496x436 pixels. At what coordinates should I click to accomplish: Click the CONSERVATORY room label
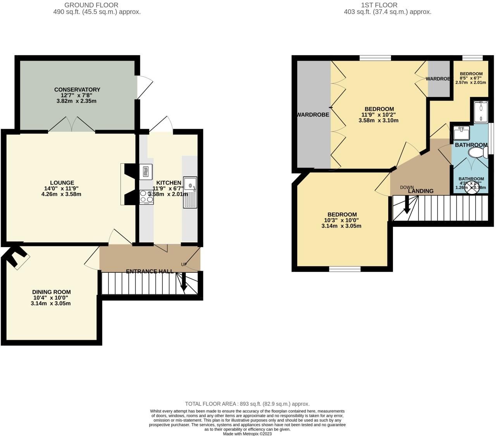[77, 90]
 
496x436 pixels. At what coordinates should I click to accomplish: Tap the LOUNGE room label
[62, 183]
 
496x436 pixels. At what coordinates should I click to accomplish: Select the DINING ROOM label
[51, 292]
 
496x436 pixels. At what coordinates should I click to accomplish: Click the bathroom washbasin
[461, 133]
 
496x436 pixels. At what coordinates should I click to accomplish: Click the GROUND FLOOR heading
[91, 5]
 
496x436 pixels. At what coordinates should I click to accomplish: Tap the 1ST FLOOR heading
[379, 5]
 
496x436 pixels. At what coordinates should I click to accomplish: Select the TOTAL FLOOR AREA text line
[247, 404]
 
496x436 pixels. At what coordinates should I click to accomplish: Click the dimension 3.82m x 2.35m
[77, 101]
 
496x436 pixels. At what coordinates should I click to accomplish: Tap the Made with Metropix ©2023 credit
[247, 434]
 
